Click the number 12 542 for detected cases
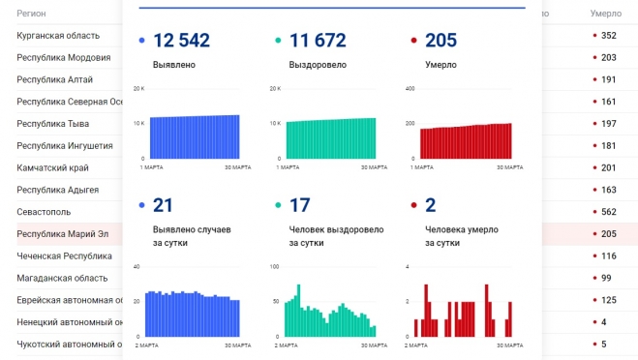pyautogui.click(x=181, y=41)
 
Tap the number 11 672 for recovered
pyautogui.click(x=318, y=41)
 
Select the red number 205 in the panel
pyautogui.click(x=441, y=41)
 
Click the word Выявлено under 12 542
pyautogui.click(x=174, y=65)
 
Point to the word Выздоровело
pyautogui.click(x=318, y=65)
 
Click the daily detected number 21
pyautogui.click(x=163, y=205)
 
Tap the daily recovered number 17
pyautogui.click(x=299, y=205)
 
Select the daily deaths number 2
pyautogui.click(x=431, y=205)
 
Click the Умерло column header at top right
pyautogui.click(x=606, y=15)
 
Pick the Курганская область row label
pyautogui.click(x=58, y=36)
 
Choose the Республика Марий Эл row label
pyautogui.click(x=64, y=234)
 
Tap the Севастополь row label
pyautogui.click(x=44, y=212)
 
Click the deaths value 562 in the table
pyautogui.click(x=608, y=212)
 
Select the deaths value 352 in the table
pyautogui.click(x=608, y=36)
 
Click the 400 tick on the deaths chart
pyautogui.click(x=409, y=89)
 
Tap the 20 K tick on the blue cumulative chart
pyautogui.click(x=138, y=89)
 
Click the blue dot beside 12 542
pyautogui.click(x=143, y=42)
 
